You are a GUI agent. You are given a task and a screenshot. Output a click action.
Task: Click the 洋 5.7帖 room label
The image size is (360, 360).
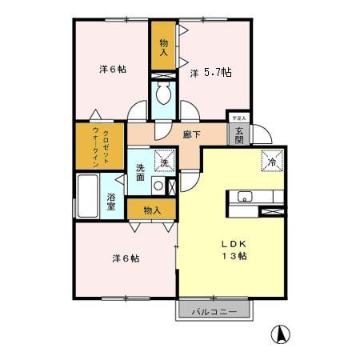(211, 73)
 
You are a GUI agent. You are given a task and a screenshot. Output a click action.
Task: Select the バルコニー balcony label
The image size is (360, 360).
(213, 311)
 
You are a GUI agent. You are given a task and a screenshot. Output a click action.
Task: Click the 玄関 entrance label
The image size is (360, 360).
(239, 133)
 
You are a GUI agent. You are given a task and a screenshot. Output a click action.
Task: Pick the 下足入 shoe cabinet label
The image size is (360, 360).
(238, 118)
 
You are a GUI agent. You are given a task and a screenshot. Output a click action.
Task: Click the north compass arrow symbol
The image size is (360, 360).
(282, 334)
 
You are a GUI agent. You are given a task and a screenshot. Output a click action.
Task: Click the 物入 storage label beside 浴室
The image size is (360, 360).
(152, 210)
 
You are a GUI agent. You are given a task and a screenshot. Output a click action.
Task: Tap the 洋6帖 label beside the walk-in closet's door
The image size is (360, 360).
(113, 69)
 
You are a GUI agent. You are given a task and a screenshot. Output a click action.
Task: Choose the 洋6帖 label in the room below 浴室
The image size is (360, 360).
(126, 258)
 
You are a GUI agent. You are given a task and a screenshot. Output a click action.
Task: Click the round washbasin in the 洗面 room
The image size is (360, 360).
(158, 186)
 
